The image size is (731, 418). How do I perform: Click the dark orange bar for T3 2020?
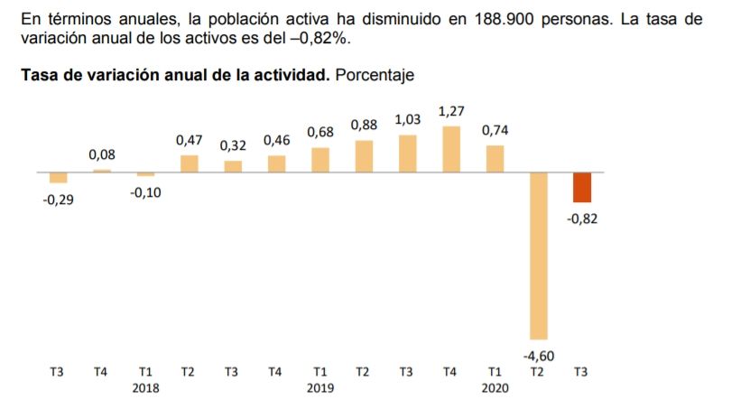tap(582, 187)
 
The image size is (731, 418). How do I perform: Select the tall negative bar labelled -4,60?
tap(539, 255)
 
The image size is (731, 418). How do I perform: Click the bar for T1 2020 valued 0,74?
tap(495, 158)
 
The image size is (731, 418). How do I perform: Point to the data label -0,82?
tap(582, 218)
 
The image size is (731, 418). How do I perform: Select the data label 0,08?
tap(102, 155)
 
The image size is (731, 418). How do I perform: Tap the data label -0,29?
tap(59, 199)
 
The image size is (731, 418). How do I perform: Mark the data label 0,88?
tap(364, 125)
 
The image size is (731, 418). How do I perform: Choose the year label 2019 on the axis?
tap(320, 387)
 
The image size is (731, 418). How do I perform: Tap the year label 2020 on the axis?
tap(495, 387)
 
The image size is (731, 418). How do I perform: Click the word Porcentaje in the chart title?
tap(375, 76)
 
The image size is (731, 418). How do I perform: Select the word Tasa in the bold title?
tap(39, 76)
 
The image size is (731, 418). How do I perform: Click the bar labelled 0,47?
tap(190, 163)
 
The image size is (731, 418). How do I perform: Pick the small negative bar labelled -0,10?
tap(146, 173)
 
